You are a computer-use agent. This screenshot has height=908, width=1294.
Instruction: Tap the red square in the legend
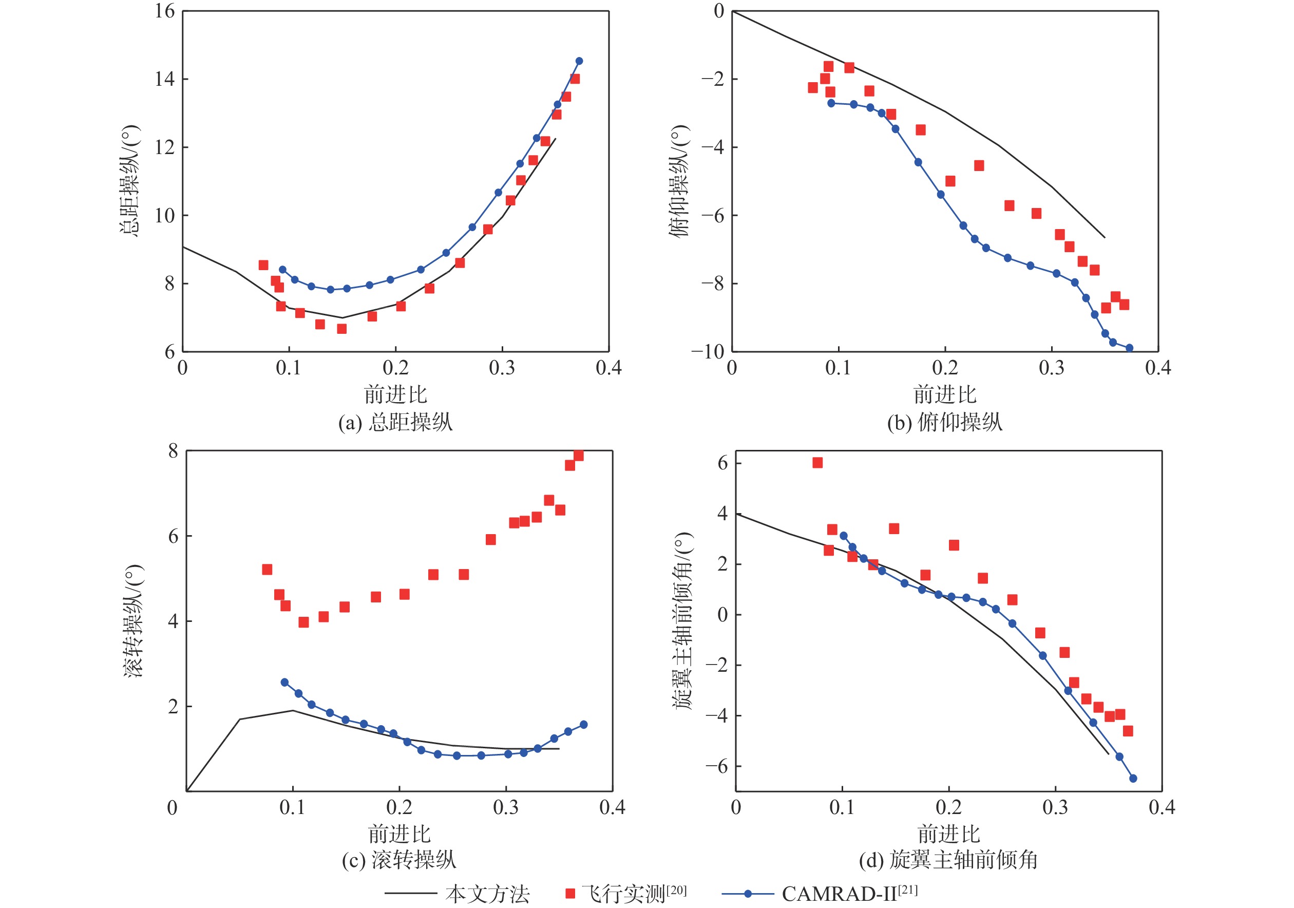[570, 893]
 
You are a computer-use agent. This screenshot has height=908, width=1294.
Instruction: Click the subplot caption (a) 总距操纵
[395, 422]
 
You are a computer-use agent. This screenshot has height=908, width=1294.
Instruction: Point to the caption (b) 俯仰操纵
[945, 422]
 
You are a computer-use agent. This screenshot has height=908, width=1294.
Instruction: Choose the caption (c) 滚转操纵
[398, 860]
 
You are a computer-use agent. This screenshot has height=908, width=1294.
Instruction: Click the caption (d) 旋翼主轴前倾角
[948, 860]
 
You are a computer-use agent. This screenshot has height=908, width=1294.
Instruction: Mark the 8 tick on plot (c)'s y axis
[173, 451]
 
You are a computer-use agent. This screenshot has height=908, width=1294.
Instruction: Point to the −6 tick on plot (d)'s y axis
[715, 766]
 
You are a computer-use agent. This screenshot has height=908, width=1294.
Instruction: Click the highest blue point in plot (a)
[579, 61]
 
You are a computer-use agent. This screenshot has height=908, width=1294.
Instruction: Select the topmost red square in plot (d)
[817, 463]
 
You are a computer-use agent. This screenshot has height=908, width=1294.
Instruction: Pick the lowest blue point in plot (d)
[1133, 779]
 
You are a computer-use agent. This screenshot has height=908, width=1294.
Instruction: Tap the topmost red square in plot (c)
[578, 456]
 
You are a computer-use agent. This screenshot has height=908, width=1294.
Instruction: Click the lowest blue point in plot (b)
[1129, 348]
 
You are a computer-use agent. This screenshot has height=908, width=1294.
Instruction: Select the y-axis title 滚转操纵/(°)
[134, 620]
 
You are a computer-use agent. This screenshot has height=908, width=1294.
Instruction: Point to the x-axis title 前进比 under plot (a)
[395, 394]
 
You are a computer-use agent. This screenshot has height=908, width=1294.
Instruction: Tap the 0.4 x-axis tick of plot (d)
[1162, 807]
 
